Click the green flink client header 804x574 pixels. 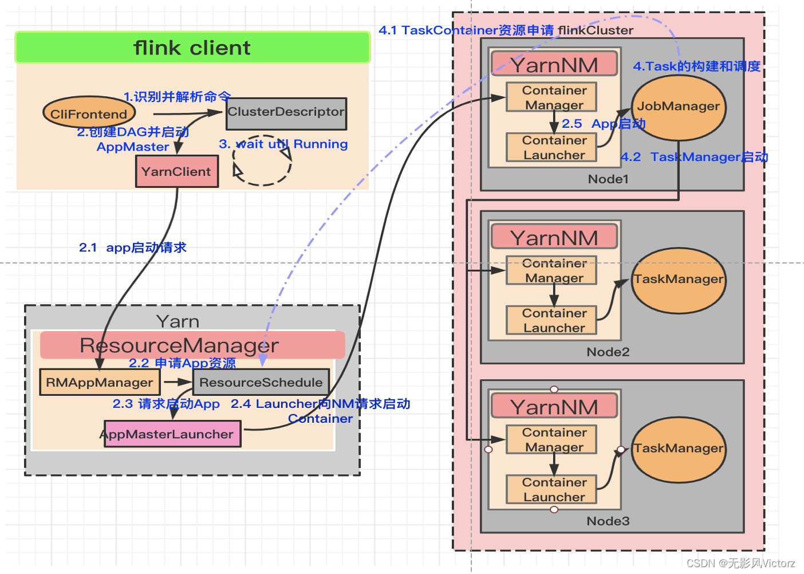[x=192, y=48]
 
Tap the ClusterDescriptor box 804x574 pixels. [x=286, y=113]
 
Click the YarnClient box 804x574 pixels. [x=176, y=172]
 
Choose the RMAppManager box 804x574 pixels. [x=100, y=383]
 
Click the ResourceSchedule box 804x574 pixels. [x=261, y=383]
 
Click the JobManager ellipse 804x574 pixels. [x=679, y=107]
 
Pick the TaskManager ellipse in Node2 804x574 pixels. [x=679, y=280]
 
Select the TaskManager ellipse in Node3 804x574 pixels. [x=679, y=449]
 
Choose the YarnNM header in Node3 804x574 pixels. [x=554, y=407]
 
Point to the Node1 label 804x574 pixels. [x=608, y=179]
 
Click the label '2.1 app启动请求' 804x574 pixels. [x=133, y=247]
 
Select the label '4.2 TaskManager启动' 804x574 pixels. [x=694, y=157]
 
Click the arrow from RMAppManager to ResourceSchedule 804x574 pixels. [x=178, y=382]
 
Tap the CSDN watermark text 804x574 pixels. [x=740, y=563]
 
